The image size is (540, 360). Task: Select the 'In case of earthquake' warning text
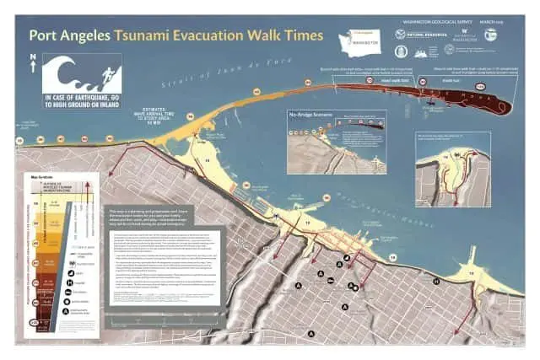pyautogui.click(x=81, y=101)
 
